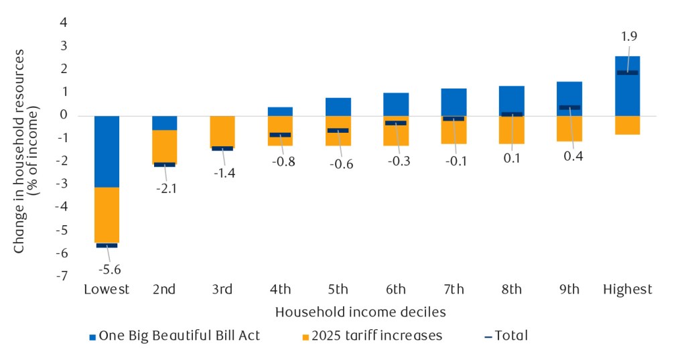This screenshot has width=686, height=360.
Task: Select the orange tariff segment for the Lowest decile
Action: point(107,215)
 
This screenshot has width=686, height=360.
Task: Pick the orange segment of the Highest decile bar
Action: point(627,125)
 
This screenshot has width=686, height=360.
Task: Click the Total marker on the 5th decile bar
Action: point(338,130)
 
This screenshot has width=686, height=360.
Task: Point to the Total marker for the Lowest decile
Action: point(107,245)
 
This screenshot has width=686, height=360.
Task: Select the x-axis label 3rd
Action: point(222,290)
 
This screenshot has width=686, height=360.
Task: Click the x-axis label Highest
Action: point(627,290)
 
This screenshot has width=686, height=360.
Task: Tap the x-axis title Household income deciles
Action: point(360,312)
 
